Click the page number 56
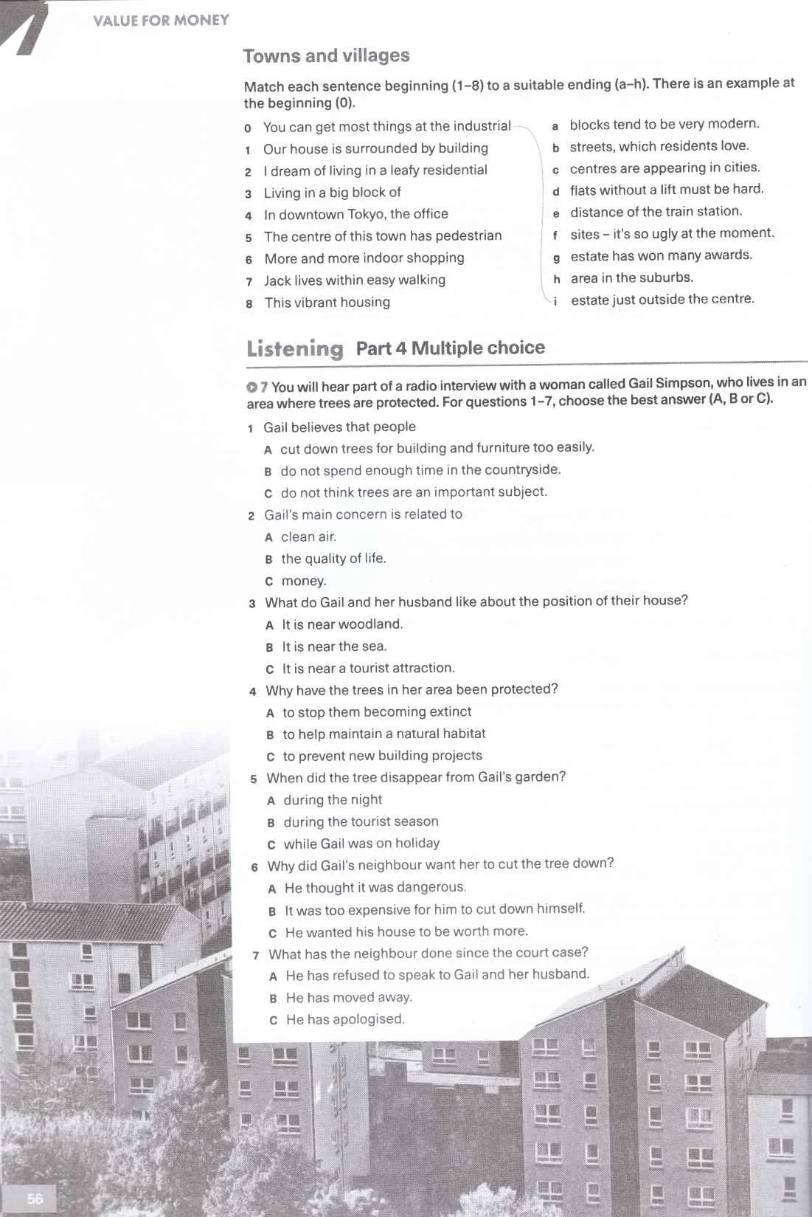coord(35,1199)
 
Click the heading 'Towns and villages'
coord(326,56)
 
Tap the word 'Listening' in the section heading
coord(295,348)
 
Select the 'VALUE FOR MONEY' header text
coord(161,21)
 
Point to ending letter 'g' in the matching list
coord(556,257)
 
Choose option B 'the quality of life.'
coord(333,559)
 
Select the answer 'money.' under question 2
coord(303,581)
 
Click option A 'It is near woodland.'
coord(342,624)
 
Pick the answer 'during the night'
coord(333,799)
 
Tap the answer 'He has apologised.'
coord(345,1019)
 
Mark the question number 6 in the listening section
coord(254,867)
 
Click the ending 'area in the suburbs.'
coord(631,277)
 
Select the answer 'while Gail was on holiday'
coord(361,843)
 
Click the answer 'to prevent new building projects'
coord(382,756)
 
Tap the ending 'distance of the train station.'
coord(656,212)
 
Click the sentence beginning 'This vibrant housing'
coord(327,303)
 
